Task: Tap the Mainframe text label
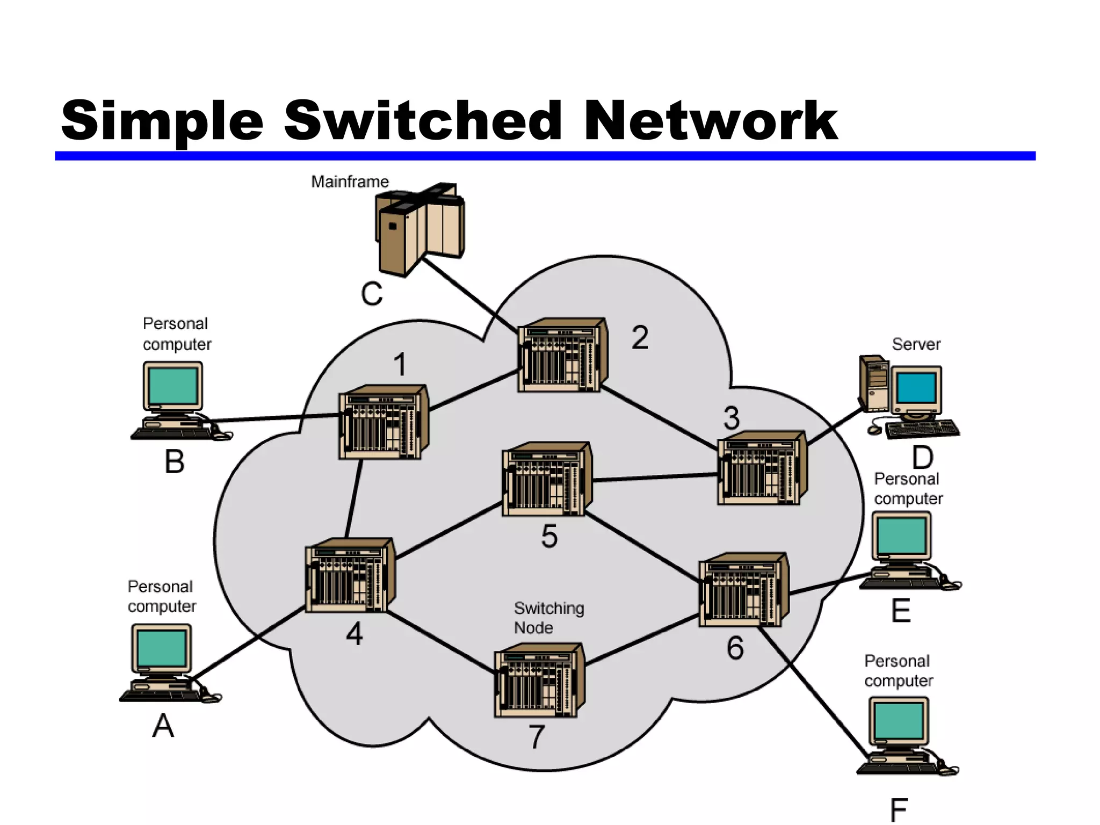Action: (350, 182)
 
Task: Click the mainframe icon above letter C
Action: (419, 228)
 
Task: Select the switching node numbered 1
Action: (382, 423)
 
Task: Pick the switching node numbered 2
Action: (562, 356)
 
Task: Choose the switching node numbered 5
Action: (546, 480)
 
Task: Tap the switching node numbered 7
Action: (539, 681)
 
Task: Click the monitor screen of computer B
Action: (173, 386)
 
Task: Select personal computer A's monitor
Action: (161, 648)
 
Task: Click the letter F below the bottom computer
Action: (899, 810)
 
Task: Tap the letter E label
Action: (901, 611)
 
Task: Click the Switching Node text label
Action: (548, 618)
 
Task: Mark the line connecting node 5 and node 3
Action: (655, 477)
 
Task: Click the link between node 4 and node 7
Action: (440, 642)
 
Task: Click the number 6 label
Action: (735, 648)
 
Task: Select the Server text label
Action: (916, 344)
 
